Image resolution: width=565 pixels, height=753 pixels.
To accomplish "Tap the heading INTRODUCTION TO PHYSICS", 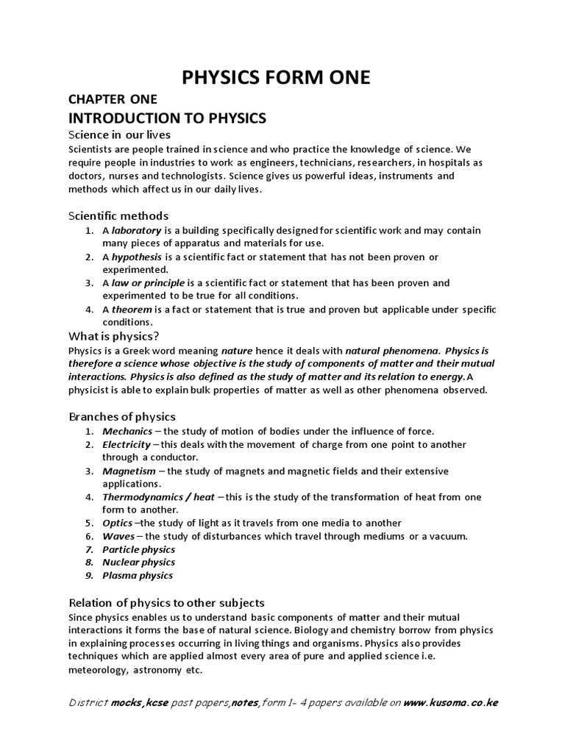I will point(167,118).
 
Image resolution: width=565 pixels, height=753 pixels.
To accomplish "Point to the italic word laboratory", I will point(136,230).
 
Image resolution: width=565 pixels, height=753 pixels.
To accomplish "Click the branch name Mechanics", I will point(127,431).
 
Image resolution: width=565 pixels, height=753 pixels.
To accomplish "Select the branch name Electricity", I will point(127,444).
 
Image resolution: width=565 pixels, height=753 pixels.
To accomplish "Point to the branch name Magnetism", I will point(129,471).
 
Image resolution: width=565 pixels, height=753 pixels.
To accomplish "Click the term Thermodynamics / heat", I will point(158,497).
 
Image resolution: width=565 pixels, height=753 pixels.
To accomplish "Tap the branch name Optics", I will point(118,523).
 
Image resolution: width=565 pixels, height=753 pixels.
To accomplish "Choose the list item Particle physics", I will point(138,549).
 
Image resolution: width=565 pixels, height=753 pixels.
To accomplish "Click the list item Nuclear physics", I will point(138,563).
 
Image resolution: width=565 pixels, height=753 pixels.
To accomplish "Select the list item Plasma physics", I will point(138,576).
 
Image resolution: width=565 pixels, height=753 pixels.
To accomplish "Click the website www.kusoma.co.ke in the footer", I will point(451,702).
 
